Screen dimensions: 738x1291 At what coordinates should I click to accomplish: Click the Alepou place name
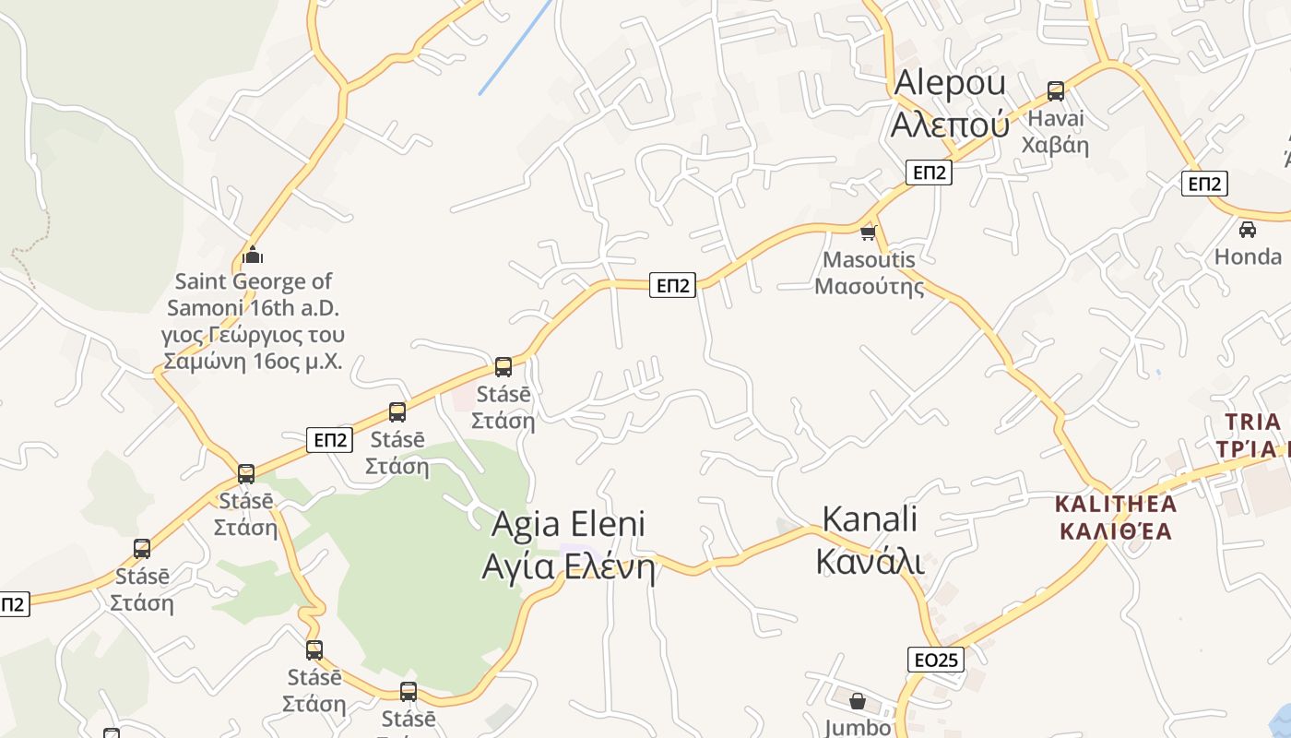[x=950, y=102]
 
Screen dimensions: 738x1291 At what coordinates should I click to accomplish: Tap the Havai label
[x=1056, y=132]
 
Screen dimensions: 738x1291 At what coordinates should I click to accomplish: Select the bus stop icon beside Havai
[x=1056, y=91]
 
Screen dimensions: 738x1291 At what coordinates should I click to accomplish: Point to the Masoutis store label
[x=869, y=272]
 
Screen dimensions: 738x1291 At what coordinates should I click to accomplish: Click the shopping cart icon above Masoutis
[x=868, y=232]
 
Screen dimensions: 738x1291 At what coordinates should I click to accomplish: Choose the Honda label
[x=1248, y=256]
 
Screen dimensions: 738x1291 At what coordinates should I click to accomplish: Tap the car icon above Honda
[x=1248, y=229]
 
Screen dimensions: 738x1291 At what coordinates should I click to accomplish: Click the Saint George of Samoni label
[x=253, y=320]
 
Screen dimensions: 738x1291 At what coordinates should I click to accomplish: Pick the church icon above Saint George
[x=253, y=255]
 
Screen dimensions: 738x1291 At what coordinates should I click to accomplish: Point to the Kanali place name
[x=870, y=539]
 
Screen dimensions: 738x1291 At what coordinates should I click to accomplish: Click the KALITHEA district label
[x=1116, y=518]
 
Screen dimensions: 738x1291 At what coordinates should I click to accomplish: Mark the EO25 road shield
[x=936, y=660]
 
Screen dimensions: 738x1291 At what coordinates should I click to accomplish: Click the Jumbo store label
[x=858, y=727]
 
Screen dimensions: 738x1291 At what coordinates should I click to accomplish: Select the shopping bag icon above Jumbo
[x=858, y=701]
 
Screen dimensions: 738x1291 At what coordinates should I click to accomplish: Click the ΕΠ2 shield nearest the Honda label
[x=1204, y=184]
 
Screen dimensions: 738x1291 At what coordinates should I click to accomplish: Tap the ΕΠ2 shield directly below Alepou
[x=928, y=173]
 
